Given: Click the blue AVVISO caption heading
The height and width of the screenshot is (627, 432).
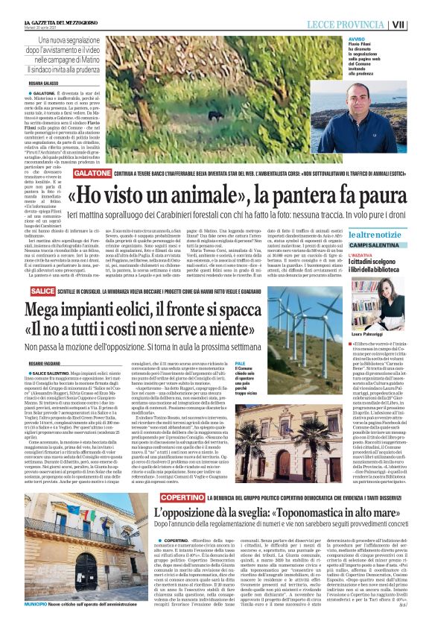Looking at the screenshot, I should tap(356, 38).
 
